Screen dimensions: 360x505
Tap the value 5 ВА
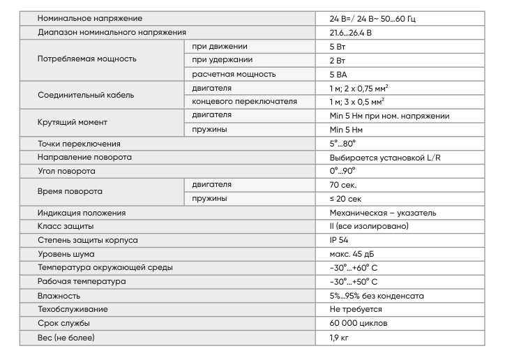click(340, 74)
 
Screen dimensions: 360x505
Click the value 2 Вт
click(339, 60)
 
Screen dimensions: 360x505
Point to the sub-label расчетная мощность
click(234, 74)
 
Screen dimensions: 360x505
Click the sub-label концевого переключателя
click(244, 101)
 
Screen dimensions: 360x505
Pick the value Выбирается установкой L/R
click(385, 157)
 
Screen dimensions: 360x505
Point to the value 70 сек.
click(344, 185)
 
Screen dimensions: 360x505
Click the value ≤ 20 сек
click(345, 199)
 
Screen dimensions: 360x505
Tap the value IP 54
click(340, 240)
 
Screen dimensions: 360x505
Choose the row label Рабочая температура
click(82, 282)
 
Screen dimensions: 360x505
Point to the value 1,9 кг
click(340, 338)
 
